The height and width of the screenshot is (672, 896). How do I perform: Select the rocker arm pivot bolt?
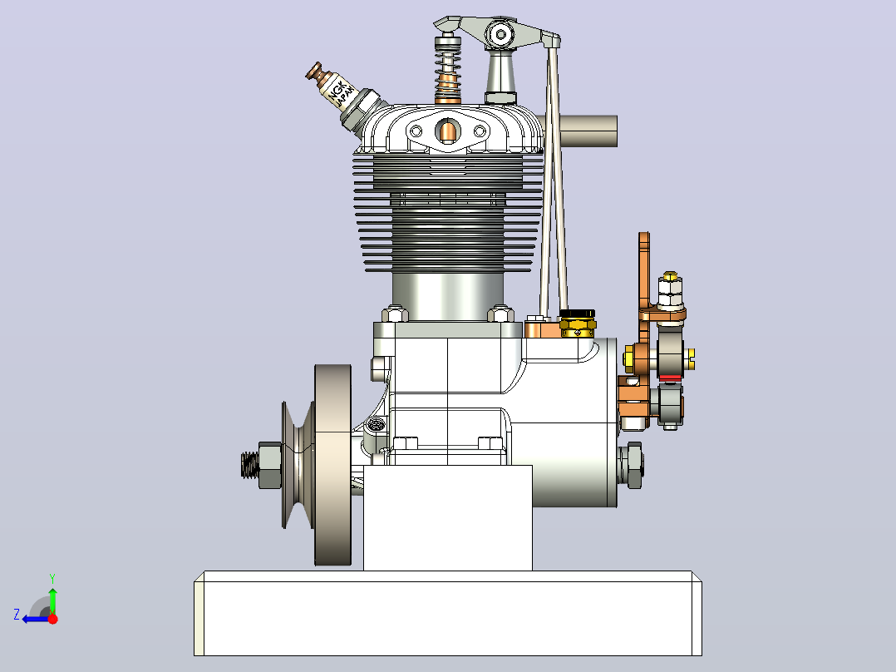pos(501,35)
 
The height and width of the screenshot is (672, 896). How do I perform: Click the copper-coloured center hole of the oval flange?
pos(447,131)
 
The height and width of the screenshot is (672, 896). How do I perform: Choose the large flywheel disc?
pos(333,465)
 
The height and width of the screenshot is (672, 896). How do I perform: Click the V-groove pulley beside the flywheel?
pos(298,464)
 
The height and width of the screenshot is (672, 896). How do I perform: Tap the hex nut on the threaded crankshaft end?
pos(269,464)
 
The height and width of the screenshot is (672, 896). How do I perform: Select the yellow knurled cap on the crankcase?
pos(578,323)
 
